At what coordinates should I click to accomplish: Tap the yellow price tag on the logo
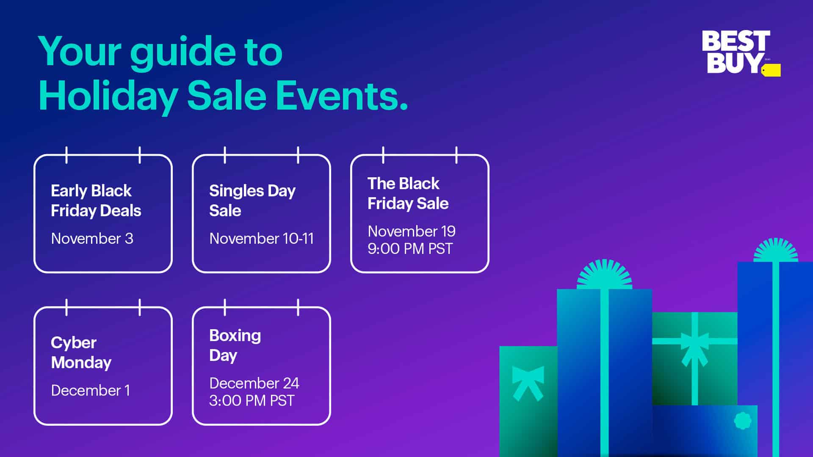pyautogui.click(x=771, y=70)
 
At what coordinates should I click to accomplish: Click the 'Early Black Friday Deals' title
pyautogui.click(x=96, y=201)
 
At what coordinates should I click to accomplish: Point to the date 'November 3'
pyautogui.click(x=92, y=239)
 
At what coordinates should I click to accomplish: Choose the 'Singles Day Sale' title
pyautogui.click(x=252, y=201)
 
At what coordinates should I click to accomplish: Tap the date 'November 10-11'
pyautogui.click(x=261, y=239)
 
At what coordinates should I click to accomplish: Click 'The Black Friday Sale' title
pyautogui.click(x=408, y=193)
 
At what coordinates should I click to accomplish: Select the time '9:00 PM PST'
pyautogui.click(x=410, y=249)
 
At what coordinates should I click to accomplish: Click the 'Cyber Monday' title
pyautogui.click(x=81, y=352)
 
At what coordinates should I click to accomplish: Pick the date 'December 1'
pyautogui.click(x=90, y=391)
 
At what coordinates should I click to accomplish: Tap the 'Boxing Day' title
pyautogui.click(x=235, y=345)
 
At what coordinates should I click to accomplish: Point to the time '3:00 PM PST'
pyautogui.click(x=252, y=401)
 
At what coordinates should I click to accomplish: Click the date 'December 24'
pyautogui.click(x=254, y=383)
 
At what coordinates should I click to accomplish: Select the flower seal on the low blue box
pyautogui.click(x=742, y=421)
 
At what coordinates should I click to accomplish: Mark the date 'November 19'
pyautogui.click(x=412, y=231)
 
